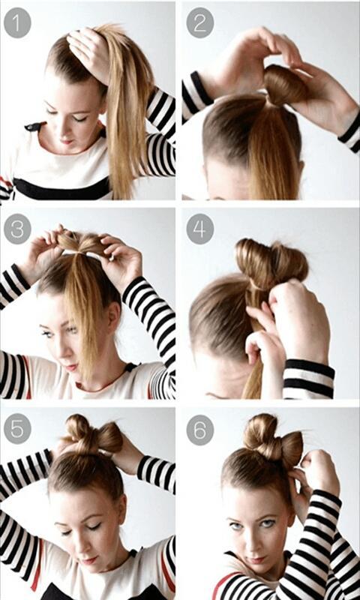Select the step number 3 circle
(17, 229)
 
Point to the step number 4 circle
(199, 229)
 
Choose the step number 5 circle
(17, 430)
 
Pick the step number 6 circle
(199, 430)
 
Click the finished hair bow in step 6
(272, 438)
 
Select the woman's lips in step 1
(67, 142)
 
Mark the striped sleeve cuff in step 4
(308, 379)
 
